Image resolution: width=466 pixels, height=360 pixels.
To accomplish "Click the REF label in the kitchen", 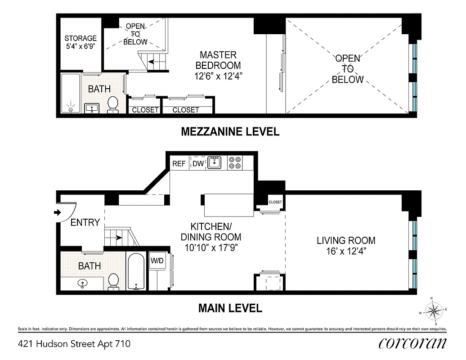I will (179, 164).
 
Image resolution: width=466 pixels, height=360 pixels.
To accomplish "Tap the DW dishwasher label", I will (198, 164).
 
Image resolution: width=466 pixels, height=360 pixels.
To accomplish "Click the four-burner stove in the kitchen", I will (235, 162).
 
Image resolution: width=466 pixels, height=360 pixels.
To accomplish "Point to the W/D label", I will (157, 261).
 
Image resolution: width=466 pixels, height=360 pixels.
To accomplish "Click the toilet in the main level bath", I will (113, 281).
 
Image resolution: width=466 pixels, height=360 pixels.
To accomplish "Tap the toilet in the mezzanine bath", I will (112, 103).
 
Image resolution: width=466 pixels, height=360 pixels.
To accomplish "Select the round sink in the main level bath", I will (82, 283).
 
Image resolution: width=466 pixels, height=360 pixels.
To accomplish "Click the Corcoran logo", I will (412, 343).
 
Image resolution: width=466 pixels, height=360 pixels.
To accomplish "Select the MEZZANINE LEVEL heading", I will (230, 132).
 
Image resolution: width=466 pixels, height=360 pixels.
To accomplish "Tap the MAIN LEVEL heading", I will (230, 309).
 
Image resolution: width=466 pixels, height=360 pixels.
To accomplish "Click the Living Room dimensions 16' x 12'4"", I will (345, 252).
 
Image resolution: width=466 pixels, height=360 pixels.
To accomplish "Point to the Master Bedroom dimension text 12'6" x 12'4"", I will (218, 76).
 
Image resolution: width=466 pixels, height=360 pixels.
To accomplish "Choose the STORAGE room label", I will (81, 38).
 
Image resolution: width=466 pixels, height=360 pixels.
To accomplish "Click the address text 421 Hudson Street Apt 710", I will (74, 344).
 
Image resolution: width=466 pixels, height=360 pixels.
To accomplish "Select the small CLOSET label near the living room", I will (275, 202).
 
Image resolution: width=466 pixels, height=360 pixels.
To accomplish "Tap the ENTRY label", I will (85, 222).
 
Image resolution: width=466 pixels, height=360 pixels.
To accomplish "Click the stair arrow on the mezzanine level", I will (153, 62).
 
